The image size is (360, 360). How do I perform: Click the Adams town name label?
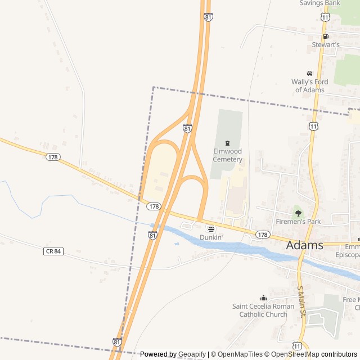[305, 245]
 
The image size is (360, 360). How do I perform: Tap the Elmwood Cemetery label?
[228, 155]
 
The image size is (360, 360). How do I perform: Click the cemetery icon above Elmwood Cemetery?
[227, 143]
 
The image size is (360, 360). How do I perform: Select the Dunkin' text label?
[211, 237]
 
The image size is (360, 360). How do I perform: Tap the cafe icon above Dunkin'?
[211, 228]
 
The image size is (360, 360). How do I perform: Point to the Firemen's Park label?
[298, 222]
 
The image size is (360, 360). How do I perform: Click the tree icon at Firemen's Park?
[298, 213]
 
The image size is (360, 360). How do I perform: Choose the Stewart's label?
[326, 44]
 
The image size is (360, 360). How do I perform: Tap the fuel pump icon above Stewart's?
[325, 36]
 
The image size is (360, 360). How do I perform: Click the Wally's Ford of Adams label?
[308, 86]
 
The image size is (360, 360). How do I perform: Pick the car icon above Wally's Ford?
[309, 73]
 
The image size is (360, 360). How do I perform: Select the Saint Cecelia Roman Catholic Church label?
[263, 310]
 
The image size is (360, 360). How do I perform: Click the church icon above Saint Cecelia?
[263, 298]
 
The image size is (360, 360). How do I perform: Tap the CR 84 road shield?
[52, 251]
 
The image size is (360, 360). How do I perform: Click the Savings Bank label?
[319, 3]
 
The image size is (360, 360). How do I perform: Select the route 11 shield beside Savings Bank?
[325, 17]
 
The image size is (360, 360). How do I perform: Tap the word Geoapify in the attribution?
[192, 354]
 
